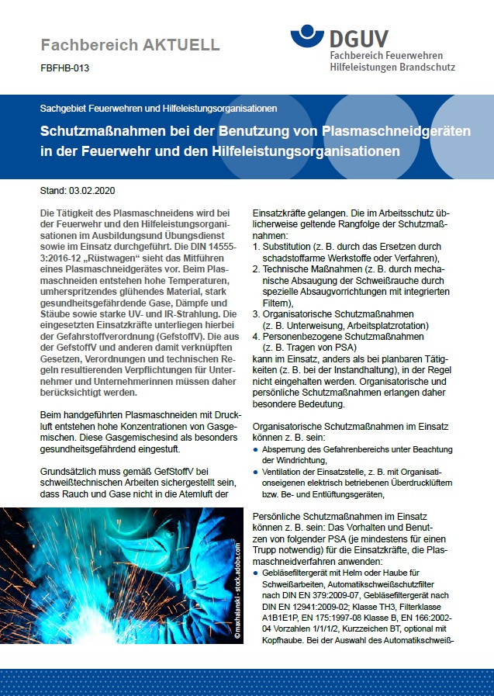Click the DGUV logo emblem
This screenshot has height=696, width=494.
tap(309, 36)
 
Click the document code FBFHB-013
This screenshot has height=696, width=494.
tap(64, 68)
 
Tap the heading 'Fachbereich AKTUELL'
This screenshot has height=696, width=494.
tap(130, 45)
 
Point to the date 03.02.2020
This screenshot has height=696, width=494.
tap(92, 190)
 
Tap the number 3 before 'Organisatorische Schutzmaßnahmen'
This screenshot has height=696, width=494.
tap(257, 314)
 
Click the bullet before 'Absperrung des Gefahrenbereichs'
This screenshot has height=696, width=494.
tap(257, 449)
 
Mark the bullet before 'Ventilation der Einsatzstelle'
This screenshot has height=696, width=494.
tap(257, 472)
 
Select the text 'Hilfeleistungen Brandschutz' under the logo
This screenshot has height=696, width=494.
tap(392, 68)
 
